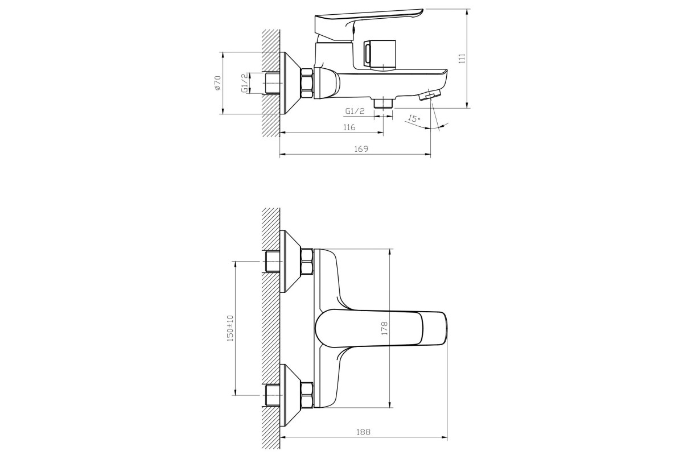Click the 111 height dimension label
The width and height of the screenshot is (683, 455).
(x=462, y=58)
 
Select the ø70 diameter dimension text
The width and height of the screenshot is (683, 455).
(x=217, y=82)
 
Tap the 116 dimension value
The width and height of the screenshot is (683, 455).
(x=349, y=127)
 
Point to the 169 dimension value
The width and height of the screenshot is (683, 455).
(x=361, y=148)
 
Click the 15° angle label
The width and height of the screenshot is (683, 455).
(x=414, y=118)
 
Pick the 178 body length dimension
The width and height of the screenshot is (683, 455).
(x=384, y=328)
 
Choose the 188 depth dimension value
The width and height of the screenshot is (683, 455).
(x=364, y=432)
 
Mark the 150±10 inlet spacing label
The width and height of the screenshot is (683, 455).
(x=230, y=328)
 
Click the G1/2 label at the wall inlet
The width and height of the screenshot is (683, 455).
(x=245, y=83)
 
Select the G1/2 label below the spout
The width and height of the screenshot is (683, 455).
(x=355, y=111)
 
